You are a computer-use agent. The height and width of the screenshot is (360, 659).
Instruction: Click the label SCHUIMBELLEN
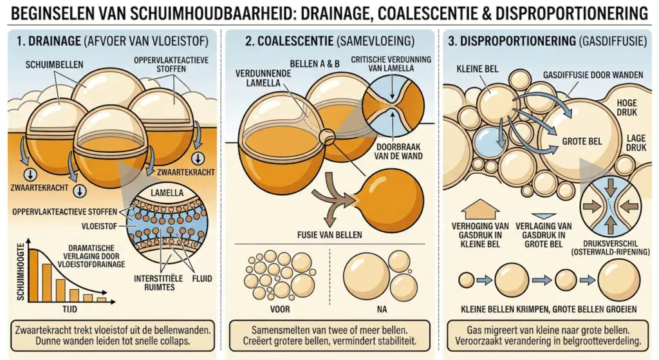pyautogui.click(x=54, y=65)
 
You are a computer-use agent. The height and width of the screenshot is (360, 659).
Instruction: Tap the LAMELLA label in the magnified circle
pyautogui.click(x=167, y=193)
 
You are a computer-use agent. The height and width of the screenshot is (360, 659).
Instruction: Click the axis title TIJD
pyautogui.click(x=70, y=309)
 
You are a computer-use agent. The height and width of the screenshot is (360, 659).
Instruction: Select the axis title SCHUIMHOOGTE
pyautogui.click(x=20, y=272)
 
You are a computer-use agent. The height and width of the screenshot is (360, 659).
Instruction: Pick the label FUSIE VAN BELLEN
pyautogui.click(x=329, y=234)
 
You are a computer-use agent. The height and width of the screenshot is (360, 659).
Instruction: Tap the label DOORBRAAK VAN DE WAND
pyautogui.click(x=398, y=152)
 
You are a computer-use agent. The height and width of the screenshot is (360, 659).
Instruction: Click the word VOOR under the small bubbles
pyautogui.click(x=280, y=309)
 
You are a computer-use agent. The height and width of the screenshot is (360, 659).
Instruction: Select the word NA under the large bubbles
pyautogui.click(x=382, y=309)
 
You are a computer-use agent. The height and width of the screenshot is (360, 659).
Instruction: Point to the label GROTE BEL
pyautogui.click(x=582, y=141)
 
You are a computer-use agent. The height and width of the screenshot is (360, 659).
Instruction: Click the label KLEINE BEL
pyautogui.click(x=478, y=69)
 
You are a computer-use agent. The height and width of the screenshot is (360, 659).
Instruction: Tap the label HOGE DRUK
pyautogui.click(x=627, y=108)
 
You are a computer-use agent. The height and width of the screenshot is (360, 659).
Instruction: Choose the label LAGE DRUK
pyautogui.click(x=636, y=142)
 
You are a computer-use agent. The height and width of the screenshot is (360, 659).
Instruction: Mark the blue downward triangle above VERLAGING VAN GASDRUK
pyautogui.click(x=543, y=216)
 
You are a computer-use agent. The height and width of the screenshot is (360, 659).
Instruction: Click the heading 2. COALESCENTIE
pyautogui.click(x=290, y=41)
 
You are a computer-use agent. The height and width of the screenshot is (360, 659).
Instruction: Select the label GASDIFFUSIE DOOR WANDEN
pyautogui.click(x=593, y=75)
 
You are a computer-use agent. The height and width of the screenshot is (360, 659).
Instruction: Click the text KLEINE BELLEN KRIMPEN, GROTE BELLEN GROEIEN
pyautogui.click(x=549, y=309)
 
